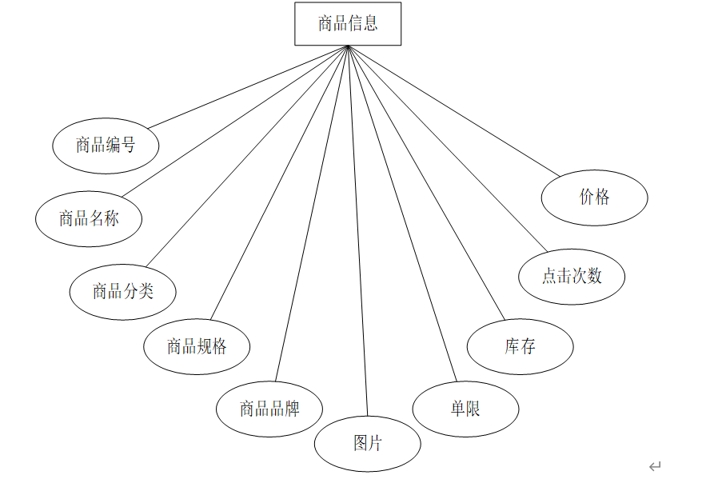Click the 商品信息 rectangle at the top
click(x=348, y=24)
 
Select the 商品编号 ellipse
click(x=106, y=146)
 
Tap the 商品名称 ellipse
click(x=89, y=218)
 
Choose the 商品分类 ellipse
click(x=122, y=292)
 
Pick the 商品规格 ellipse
click(x=197, y=346)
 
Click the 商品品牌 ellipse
click(x=269, y=409)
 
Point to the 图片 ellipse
click(x=367, y=443)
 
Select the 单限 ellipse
click(x=465, y=409)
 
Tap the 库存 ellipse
click(x=520, y=346)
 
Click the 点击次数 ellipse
click(x=571, y=277)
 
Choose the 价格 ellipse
click(x=594, y=197)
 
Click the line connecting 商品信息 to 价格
click(x=454, y=110)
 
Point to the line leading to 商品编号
click(x=248, y=87)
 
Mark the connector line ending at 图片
click(x=358, y=232)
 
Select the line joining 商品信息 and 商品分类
click(x=248, y=156)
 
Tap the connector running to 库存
click(x=426, y=182)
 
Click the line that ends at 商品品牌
click(x=312, y=214)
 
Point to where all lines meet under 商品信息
click(x=348, y=46)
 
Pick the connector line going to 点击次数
click(x=448, y=148)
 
